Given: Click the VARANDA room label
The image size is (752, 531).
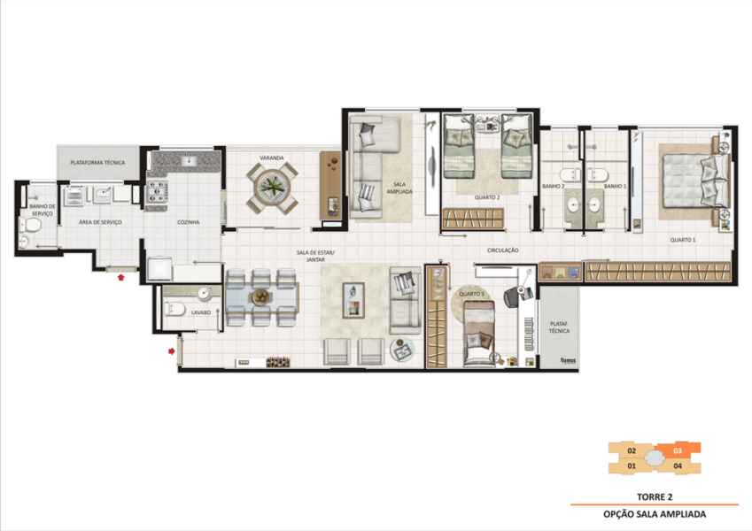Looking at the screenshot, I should pos(271,158).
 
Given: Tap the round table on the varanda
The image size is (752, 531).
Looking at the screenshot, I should pos(271,189).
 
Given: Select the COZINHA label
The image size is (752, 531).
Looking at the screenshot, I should pos(188,222).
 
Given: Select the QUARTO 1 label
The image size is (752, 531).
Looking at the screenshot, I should pos(682,240).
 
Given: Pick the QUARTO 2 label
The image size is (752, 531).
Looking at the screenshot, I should pos(486,198).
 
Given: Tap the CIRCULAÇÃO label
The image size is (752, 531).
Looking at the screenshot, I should pos(502,251).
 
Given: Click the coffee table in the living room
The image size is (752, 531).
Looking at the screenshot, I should pos(353,299).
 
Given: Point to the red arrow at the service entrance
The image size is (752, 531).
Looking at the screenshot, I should pos(121,277).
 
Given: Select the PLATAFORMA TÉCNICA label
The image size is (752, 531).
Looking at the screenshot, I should pos(97,163).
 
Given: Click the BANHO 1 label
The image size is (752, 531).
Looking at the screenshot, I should pos(615,187).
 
